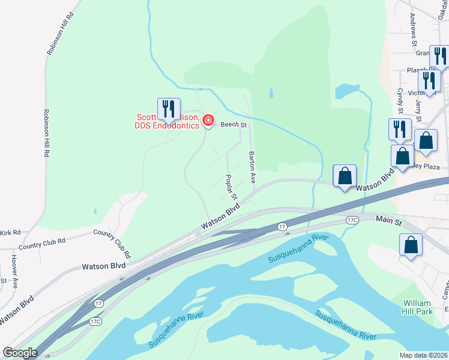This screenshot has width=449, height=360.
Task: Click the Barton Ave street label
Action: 252,167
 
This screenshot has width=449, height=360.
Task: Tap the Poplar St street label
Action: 231,188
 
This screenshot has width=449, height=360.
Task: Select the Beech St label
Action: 234,125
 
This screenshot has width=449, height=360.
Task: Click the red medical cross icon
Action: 208,121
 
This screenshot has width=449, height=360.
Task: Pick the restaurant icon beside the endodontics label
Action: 169,109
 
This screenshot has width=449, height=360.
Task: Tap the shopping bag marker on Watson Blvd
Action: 345,176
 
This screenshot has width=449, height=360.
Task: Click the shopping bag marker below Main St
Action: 411,245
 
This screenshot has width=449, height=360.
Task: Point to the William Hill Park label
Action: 418,307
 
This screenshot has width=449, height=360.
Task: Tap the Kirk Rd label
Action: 10,232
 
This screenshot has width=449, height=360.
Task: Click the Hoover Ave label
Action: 14,271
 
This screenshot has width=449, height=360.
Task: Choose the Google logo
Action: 20,352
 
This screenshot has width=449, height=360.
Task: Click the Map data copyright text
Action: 424,355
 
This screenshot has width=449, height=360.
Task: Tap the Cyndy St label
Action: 400,100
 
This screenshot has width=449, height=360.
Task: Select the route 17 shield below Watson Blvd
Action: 282,226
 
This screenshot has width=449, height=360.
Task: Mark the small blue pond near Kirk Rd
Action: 95,212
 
